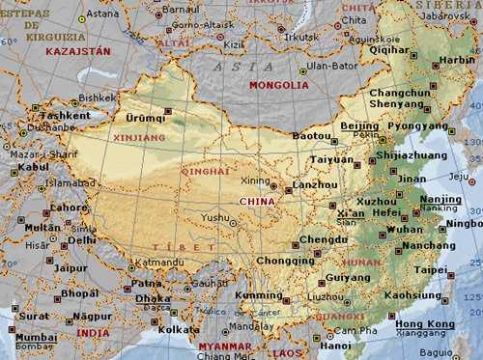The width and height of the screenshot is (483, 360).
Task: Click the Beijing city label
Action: click(359, 125)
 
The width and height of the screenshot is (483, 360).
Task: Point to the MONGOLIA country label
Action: click(278, 85)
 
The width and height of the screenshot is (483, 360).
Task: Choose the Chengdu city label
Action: click(323, 238)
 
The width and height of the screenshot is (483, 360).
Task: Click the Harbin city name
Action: click(457, 60)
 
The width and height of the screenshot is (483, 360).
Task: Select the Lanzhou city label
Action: click(316, 184)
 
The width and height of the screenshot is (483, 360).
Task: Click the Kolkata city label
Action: click(153, 329)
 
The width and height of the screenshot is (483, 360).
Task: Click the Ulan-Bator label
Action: click(331, 67)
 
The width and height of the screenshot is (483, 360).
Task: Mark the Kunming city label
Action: click(259, 295)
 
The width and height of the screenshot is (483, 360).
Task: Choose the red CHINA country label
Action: click(256, 201)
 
